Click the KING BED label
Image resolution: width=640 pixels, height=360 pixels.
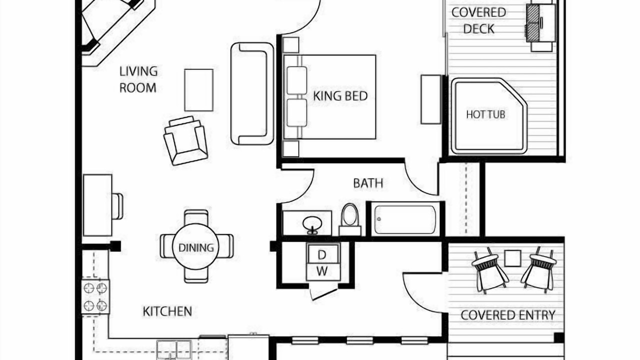click(x=340, y=96)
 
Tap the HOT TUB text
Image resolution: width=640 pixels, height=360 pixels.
click(x=485, y=114)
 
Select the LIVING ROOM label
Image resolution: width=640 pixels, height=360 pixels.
click(x=138, y=79)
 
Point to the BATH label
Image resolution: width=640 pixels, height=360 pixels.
click(x=368, y=183)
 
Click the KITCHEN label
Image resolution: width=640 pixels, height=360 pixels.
click(x=167, y=311)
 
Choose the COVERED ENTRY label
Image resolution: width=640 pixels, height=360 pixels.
click(x=508, y=315)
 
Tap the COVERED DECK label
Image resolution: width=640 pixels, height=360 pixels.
click(x=479, y=20)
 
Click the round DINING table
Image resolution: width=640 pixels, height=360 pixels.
click(x=195, y=247)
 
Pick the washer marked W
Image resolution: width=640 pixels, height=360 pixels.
click(x=323, y=271)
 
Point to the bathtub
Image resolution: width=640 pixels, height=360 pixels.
click(x=405, y=219)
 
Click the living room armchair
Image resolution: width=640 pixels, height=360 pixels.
click(x=185, y=140)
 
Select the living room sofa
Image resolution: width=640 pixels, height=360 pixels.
click(x=252, y=93)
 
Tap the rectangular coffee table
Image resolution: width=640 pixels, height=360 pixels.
click(x=199, y=90)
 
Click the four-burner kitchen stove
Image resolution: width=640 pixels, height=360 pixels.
click(x=95, y=297)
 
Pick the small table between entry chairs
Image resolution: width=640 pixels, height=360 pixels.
click(x=512, y=258)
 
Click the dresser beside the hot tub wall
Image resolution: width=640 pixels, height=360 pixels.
click(x=431, y=99)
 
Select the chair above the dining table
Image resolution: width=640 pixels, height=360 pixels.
click(x=196, y=217)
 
